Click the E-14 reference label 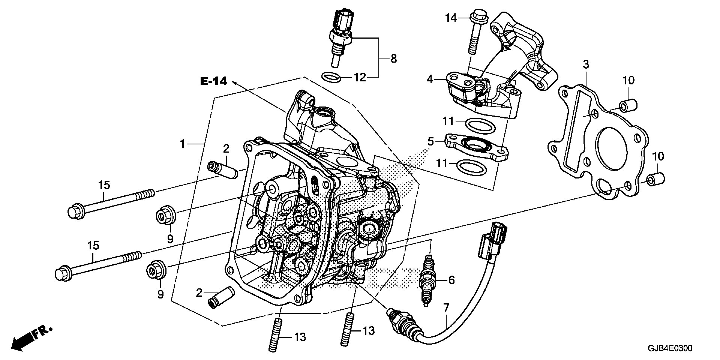tap(214, 81)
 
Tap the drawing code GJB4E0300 tap(669, 348)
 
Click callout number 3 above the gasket tap(585, 64)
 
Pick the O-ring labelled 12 tap(331, 77)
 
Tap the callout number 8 tap(393, 58)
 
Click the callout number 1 tap(183, 144)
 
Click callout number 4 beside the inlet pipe tap(430, 79)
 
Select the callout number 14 tap(451, 17)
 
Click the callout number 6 tap(451, 280)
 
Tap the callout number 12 tap(359, 78)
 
